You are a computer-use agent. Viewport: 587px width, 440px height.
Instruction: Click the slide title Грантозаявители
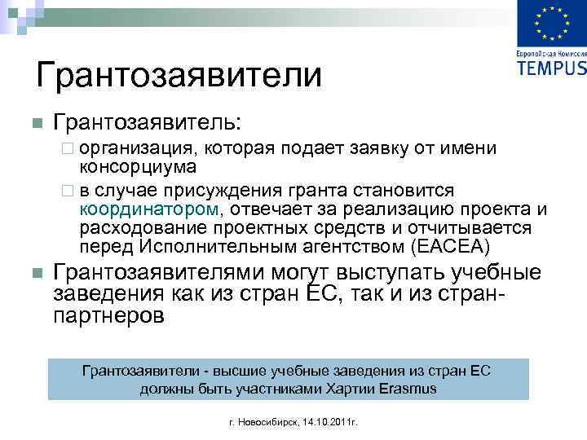tap(179, 75)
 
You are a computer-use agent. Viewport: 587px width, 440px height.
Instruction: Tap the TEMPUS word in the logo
tap(551, 67)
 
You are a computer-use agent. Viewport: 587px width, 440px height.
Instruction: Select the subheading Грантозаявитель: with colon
tap(147, 122)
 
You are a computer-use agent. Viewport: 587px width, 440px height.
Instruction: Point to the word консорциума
tap(137, 167)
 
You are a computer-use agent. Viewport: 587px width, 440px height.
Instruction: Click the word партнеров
tap(108, 314)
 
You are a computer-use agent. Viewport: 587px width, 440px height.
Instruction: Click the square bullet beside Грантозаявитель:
tap(36, 124)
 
